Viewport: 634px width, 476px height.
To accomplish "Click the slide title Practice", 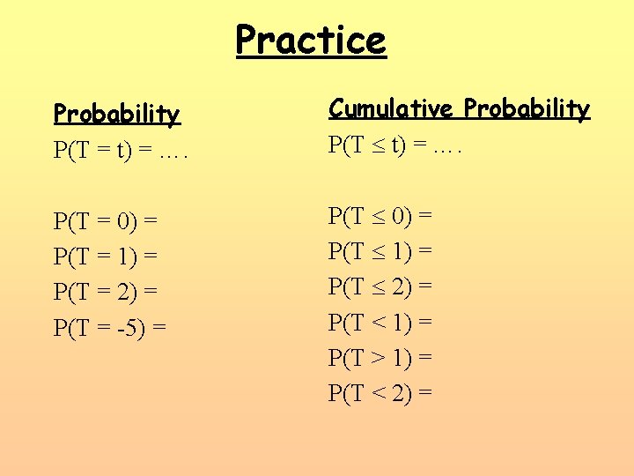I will point(311,40).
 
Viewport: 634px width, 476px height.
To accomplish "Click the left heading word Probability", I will point(116,115).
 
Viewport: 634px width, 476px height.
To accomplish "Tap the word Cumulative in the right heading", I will point(392,109).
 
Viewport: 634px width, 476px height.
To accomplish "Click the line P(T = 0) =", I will point(105,221).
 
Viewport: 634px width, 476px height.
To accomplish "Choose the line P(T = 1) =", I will point(105,257).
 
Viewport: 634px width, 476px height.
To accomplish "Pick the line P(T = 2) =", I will point(105,292).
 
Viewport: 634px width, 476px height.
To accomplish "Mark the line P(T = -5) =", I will point(110,328).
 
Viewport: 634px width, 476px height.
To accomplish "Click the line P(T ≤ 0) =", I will point(380,215).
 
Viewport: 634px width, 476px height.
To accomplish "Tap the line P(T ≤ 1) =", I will point(380,250).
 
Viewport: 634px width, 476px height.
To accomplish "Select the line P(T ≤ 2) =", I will point(380,286).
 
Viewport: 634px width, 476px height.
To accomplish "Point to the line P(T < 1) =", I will point(380,322).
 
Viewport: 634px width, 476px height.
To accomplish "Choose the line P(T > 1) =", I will point(380,357).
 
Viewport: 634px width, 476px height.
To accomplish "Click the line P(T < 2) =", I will point(380,392).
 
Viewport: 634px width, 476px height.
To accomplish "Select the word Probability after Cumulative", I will point(527,109).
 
